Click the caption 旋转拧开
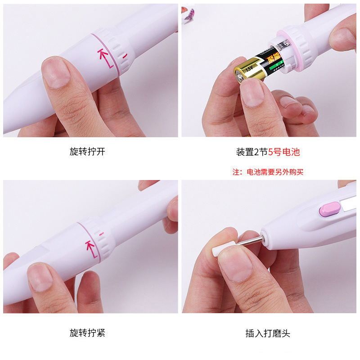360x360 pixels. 87,152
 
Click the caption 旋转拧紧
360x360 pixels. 87,333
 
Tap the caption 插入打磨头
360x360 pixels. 268,333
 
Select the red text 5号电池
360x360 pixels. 284,152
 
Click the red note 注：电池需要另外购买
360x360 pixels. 268,172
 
